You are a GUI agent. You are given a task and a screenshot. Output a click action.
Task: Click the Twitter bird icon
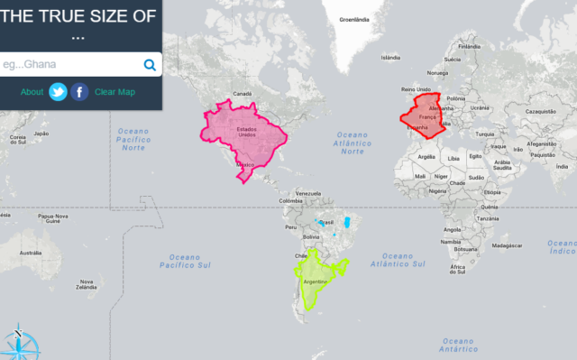59,92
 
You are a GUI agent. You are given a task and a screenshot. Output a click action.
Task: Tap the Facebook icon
80,92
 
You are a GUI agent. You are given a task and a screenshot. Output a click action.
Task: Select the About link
32,92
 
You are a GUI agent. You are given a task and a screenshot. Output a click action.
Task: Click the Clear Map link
114,92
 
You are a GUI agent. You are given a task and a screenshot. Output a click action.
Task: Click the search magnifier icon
150,65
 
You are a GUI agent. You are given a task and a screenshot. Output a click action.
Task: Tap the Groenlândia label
353,19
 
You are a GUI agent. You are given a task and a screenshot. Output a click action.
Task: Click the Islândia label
390,58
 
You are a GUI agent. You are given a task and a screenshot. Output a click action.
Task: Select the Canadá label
242,94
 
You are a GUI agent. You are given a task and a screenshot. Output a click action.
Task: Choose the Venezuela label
308,194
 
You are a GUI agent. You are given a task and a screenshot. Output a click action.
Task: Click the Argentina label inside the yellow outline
315,282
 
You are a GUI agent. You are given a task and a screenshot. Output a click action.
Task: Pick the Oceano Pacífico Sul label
184,262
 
